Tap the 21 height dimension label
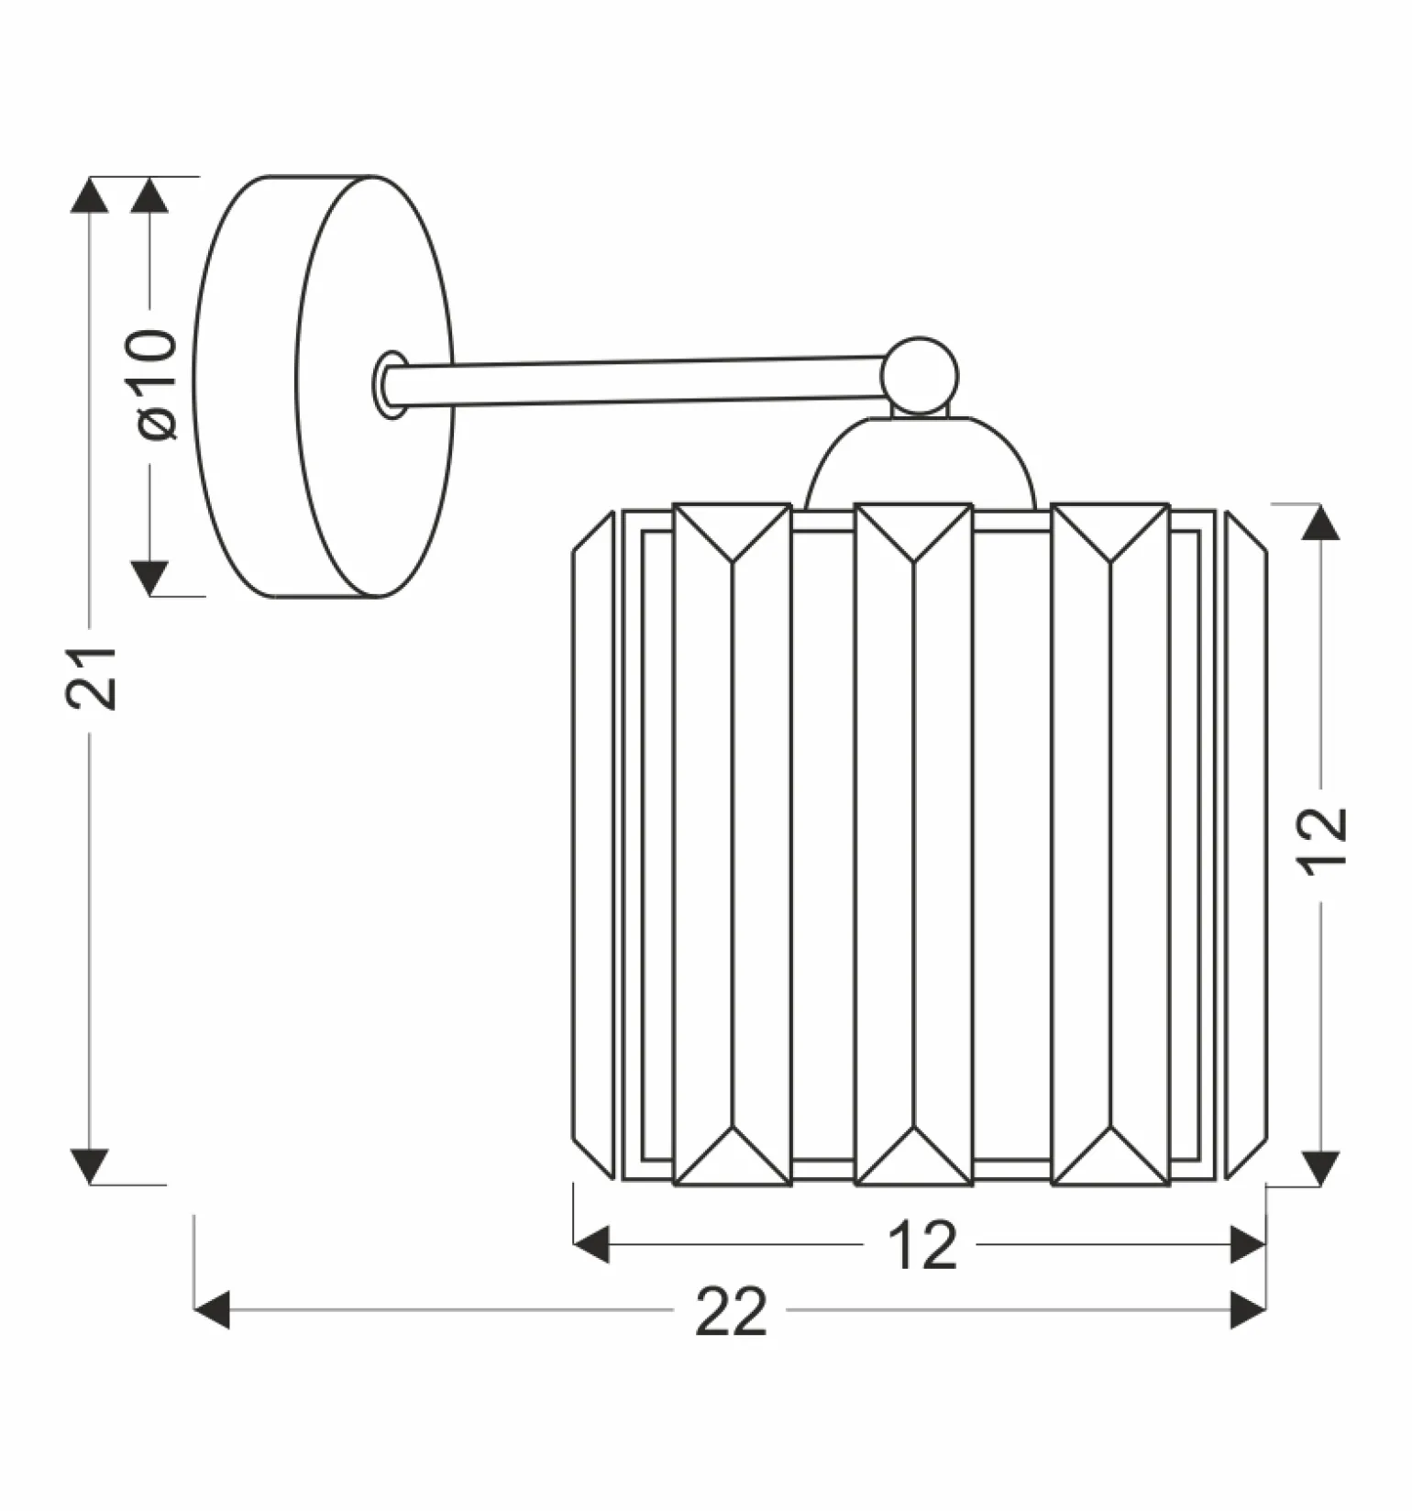coord(92,678)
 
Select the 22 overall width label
coord(731,1312)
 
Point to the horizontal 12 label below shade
coord(922,1245)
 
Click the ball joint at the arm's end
coord(921,376)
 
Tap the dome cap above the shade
coord(921,464)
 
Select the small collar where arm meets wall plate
coord(390,384)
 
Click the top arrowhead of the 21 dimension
coord(90,195)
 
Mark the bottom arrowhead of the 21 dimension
coord(90,1166)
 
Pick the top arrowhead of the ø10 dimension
coord(149,195)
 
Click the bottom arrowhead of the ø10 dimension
coord(149,578)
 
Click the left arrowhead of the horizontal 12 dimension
coord(591,1244)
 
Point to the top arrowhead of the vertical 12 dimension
coord(1320,523)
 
